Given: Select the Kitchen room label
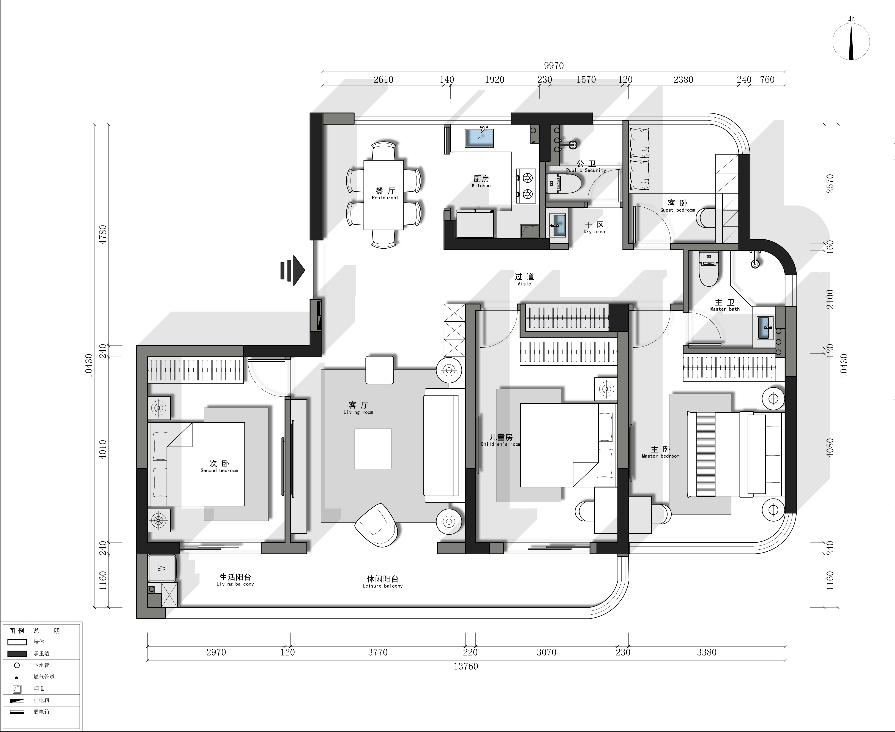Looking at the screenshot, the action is [x=481, y=182].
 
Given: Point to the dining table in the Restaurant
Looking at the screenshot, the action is [x=384, y=195].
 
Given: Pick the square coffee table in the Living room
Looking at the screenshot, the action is [x=373, y=449].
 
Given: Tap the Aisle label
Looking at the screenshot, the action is [x=524, y=279].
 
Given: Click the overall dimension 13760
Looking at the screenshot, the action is [x=466, y=666].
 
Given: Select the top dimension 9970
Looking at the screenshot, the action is [x=554, y=65].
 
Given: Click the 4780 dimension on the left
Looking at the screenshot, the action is [x=103, y=234].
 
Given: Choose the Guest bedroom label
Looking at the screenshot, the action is [x=677, y=206].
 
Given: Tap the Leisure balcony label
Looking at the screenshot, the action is [x=382, y=582].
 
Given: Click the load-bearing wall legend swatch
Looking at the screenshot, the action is [x=17, y=654].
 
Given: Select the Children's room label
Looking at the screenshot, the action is [x=501, y=440].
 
